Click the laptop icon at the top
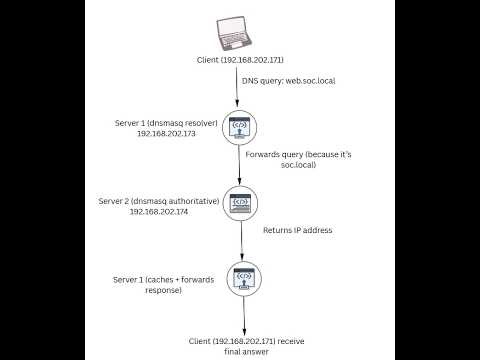coord(239,33)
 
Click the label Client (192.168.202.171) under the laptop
coord(240,61)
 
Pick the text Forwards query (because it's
coord(296,155)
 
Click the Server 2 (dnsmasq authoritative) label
coord(162,201)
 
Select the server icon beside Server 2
coord(240,202)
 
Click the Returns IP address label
coord(297,230)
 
